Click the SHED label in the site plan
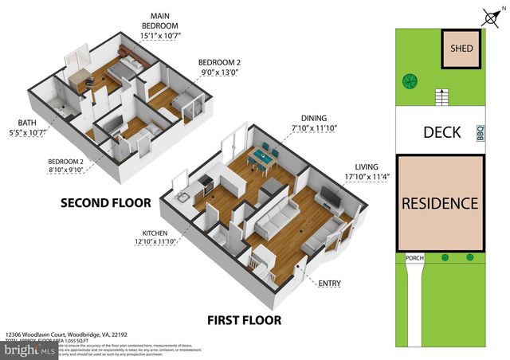(462, 49)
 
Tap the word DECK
(441, 132)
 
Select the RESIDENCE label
(441, 203)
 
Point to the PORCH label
(413, 257)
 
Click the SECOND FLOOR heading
(106, 203)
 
